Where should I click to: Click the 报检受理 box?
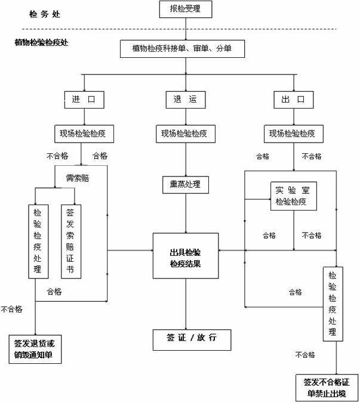[x=186, y=10]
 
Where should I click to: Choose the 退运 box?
[x=185, y=99]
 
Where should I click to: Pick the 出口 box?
[x=293, y=99]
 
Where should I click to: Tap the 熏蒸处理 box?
[x=185, y=184]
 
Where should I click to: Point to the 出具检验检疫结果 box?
[x=185, y=255]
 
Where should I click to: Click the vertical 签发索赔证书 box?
[x=71, y=241]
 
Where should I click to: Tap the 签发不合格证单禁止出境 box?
[x=327, y=387]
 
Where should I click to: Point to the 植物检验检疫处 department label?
[x=41, y=43]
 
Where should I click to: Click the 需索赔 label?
[x=78, y=178]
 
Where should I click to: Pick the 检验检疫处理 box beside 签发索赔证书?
[x=38, y=241]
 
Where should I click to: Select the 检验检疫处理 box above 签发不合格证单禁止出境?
[x=332, y=304]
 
